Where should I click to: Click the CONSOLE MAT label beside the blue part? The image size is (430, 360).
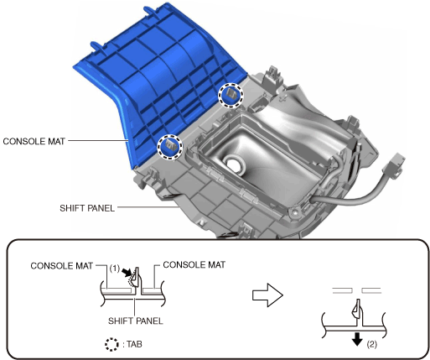tap(34, 141)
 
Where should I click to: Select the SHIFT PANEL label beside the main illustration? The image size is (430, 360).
tap(87, 208)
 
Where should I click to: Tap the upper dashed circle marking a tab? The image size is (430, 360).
tap(231, 95)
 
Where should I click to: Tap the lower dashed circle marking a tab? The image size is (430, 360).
tap(169, 147)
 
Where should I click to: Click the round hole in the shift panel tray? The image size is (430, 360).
tap(234, 164)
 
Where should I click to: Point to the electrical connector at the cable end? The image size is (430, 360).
tap(394, 165)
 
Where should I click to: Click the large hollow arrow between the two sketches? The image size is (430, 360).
tap(267, 295)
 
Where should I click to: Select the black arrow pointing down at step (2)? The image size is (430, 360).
tap(357, 339)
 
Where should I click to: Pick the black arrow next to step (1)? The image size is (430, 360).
tap(127, 271)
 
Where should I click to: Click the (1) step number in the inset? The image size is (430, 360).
tap(114, 269)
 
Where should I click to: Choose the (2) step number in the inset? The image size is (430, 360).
tap(371, 344)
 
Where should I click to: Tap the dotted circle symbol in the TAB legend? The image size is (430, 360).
tap(111, 344)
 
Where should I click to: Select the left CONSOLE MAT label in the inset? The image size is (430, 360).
tap(61, 266)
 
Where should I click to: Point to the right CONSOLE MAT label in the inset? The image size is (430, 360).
tap(194, 264)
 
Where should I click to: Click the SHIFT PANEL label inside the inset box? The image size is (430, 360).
tap(136, 321)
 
